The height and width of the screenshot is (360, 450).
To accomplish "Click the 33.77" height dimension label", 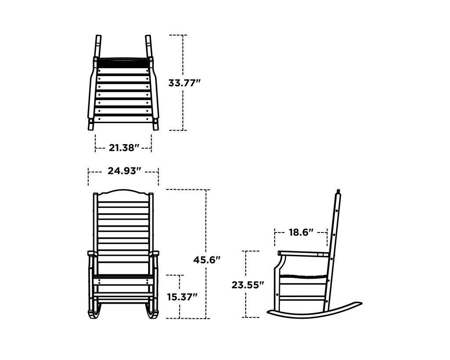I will coord(184,82).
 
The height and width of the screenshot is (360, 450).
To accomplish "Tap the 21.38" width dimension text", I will coord(124,148).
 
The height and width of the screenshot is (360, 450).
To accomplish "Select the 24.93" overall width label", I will coord(124,171).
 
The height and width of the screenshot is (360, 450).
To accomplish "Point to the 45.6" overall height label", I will coord(207,260).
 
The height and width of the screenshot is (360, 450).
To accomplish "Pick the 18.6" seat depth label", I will coord(301,232).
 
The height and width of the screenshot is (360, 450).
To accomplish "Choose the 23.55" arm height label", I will coord(247,285).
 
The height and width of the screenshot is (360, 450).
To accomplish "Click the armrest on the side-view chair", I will coord(303,253).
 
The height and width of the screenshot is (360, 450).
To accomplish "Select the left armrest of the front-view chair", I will coord(92,253).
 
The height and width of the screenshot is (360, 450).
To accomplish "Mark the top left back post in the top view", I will coord(98,46).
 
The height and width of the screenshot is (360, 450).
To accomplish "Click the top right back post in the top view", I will coord(149,46).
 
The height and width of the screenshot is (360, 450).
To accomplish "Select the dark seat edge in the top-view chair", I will coord(123,62).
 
